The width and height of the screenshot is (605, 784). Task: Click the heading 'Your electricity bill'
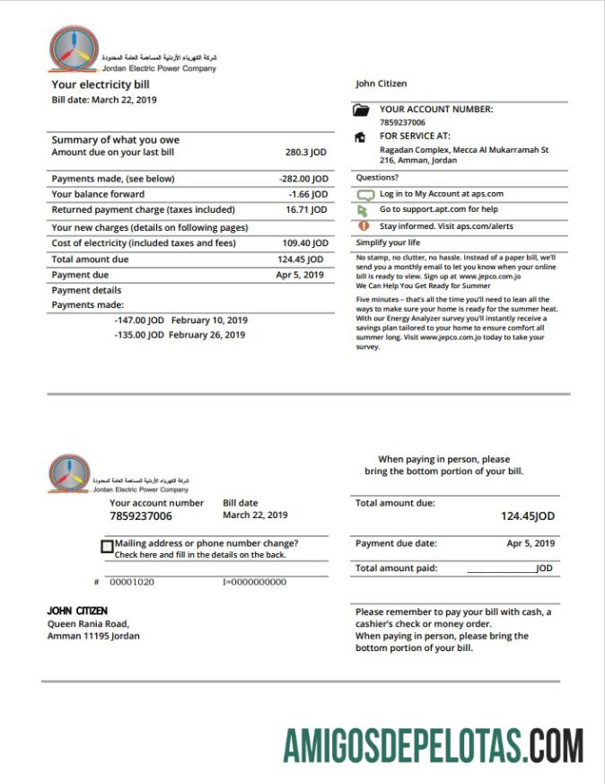[x=101, y=84]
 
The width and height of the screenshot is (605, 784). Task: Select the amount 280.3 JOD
[x=306, y=153]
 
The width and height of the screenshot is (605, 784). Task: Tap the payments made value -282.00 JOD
[x=303, y=179]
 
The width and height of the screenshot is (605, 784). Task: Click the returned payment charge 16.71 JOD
[x=307, y=209]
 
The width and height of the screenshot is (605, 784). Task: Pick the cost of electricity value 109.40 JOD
[x=305, y=243]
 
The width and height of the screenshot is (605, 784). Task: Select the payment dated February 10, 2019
[x=180, y=320]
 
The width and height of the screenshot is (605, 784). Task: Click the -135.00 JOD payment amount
[x=138, y=335]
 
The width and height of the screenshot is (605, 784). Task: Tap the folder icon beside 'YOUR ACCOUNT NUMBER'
[x=362, y=110]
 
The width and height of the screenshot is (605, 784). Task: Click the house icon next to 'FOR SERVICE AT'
[x=361, y=137]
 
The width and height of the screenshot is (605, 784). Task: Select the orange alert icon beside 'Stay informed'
[x=364, y=226]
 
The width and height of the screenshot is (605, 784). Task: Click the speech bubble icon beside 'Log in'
[x=364, y=194]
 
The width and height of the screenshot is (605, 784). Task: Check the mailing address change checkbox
[x=108, y=546]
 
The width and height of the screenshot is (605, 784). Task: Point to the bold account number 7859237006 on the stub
[x=141, y=516]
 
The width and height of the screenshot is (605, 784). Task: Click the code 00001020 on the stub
[x=131, y=582]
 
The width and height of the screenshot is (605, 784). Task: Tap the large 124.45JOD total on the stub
[x=528, y=516]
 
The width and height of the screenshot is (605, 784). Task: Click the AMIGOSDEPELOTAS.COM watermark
[x=434, y=745]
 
